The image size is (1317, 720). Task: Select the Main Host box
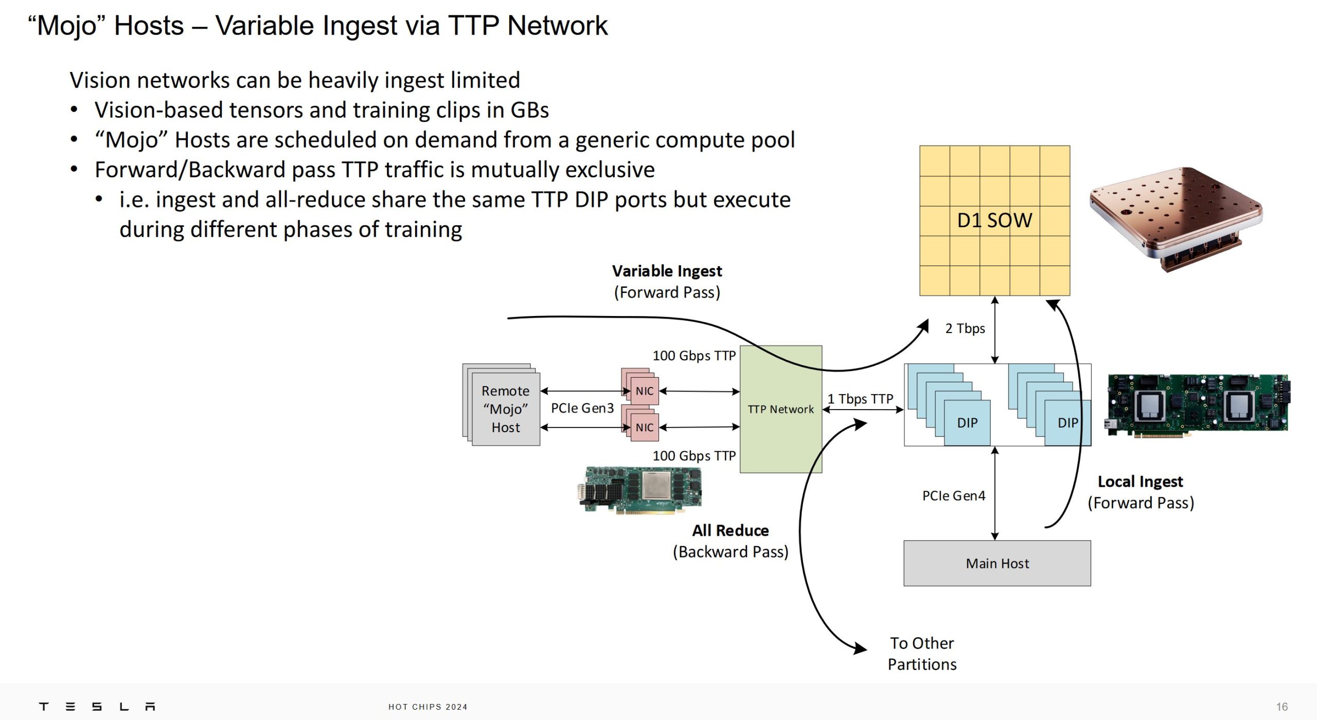pyautogui.click(x=997, y=563)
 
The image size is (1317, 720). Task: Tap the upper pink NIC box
pyautogui.click(x=644, y=391)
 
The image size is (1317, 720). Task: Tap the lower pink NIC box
pyautogui.click(x=644, y=428)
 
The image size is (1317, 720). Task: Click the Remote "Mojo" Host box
pyautogui.click(x=505, y=409)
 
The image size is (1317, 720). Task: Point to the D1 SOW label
pyautogui.click(x=994, y=220)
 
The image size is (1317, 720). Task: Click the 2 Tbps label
pyautogui.click(x=965, y=328)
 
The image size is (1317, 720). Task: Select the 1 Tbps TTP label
pyautogui.click(x=860, y=399)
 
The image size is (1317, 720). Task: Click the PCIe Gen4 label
pyautogui.click(x=953, y=496)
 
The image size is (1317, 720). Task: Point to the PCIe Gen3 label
pyautogui.click(x=582, y=409)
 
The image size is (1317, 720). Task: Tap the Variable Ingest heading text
pyautogui.click(x=667, y=271)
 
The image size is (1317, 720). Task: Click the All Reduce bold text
pyautogui.click(x=730, y=530)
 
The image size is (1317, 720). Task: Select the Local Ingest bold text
pyautogui.click(x=1140, y=482)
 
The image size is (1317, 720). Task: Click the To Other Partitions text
pyautogui.click(x=922, y=654)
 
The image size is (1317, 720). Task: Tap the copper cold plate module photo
pyautogui.click(x=1176, y=218)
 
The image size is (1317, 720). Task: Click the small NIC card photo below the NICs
pyautogui.click(x=639, y=490)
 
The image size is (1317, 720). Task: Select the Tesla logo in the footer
pyautogui.click(x=97, y=707)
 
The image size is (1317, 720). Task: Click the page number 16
pyautogui.click(x=1282, y=707)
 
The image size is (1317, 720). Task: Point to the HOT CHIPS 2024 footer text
pyautogui.click(x=428, y=707)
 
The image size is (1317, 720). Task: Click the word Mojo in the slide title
pyautogui.click(x=67, y=26)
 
